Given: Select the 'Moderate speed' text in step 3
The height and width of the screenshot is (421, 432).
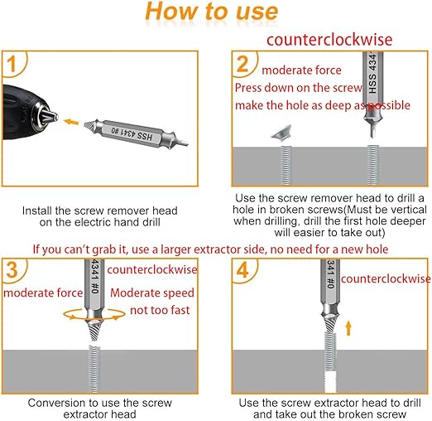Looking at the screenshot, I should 152,293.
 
